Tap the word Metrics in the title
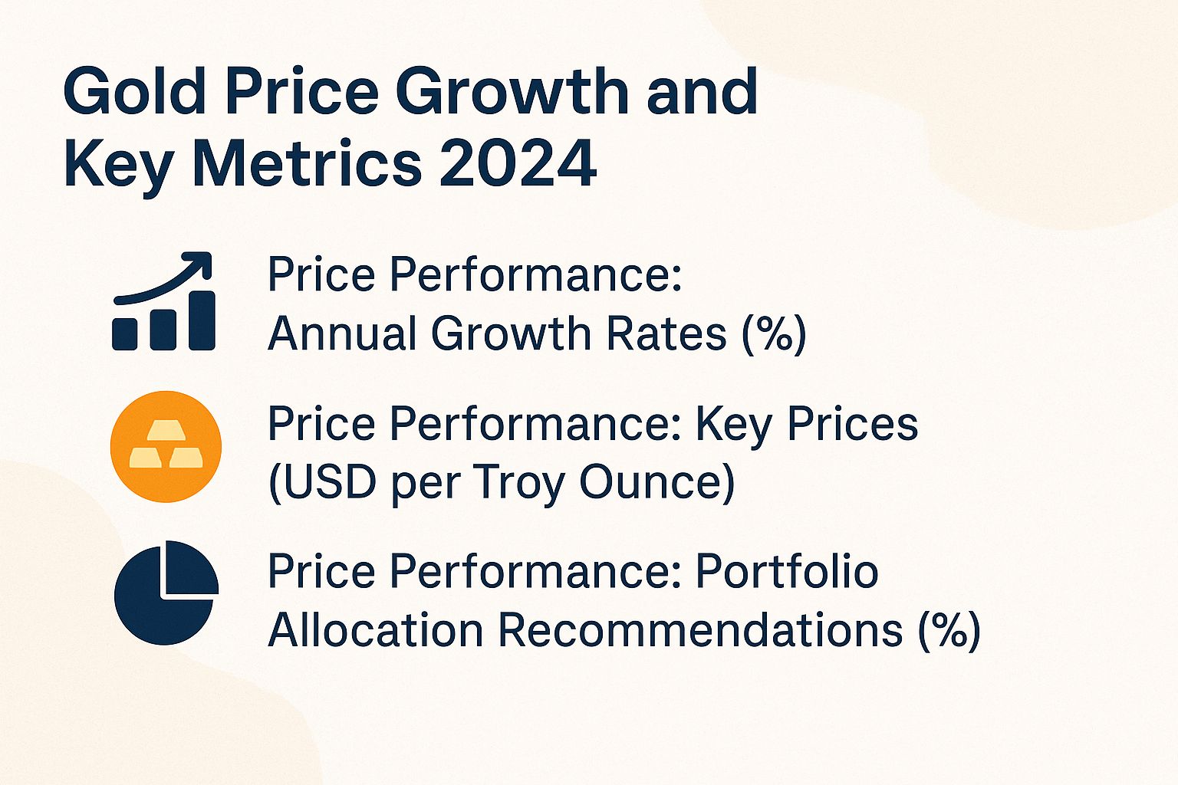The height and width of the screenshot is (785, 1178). pyautogui.click(x=307, y=163)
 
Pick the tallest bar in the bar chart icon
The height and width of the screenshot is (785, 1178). pyautogui.click(x=202, y=320)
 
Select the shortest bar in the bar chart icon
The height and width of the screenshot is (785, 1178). pyautogui.click(x=125, y=333)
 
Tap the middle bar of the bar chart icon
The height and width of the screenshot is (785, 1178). pyautogui.click(x=163, y=328)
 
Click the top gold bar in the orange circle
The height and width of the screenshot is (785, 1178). pyautogui.click(x=166, y=431)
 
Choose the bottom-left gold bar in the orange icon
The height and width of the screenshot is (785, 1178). pyautogui.click(x=146, y=458)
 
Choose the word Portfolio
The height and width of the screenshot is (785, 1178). pyautogui.click(x=787, y=571)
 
